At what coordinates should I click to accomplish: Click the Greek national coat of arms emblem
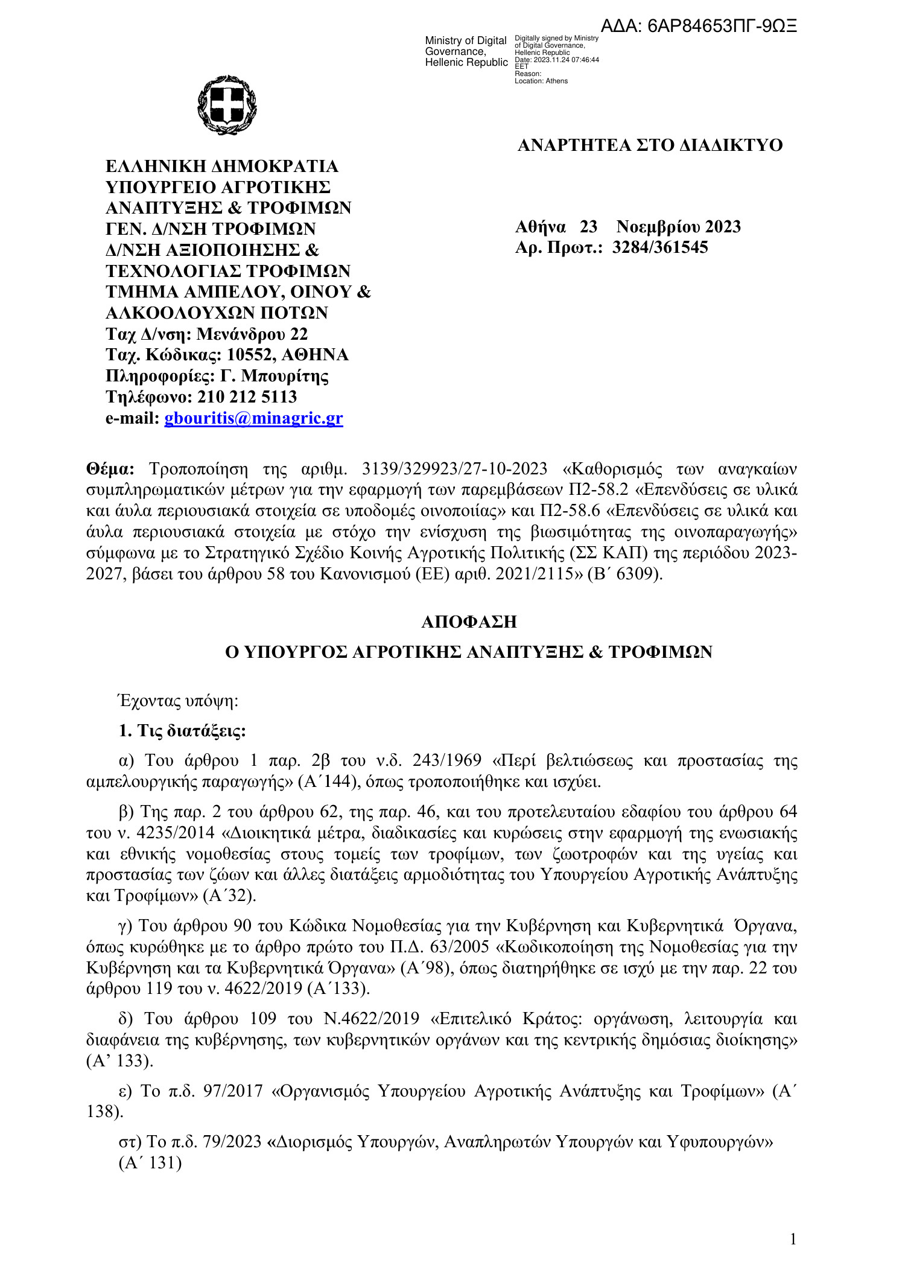pyautogui.click(x=227, y=105)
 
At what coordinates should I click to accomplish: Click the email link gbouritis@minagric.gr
pyautogui.click(x=253, y=418)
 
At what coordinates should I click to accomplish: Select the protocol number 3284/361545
pyautogui.click(x=660, y=247)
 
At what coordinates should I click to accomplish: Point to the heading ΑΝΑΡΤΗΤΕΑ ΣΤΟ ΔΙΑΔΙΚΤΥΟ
pyautogui.click(x=650, y=145)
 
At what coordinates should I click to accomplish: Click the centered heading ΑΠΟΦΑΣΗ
pyautogui.click(x=469, y=622)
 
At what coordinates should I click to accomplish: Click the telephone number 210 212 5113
pyautogui.click(x=247, y=397)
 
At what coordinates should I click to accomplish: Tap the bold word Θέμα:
pyautogui.click(x=110, y=469)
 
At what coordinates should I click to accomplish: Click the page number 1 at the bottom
pyautogui.click(x=793, y=1239)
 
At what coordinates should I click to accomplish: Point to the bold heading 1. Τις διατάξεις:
pyautogui.click(x=182, y=731)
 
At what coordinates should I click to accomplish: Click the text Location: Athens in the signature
pyautogui.click(x=541, y=81)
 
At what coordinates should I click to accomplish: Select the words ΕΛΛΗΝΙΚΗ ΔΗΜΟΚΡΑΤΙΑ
pyautogui.click(x=221, y=166)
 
